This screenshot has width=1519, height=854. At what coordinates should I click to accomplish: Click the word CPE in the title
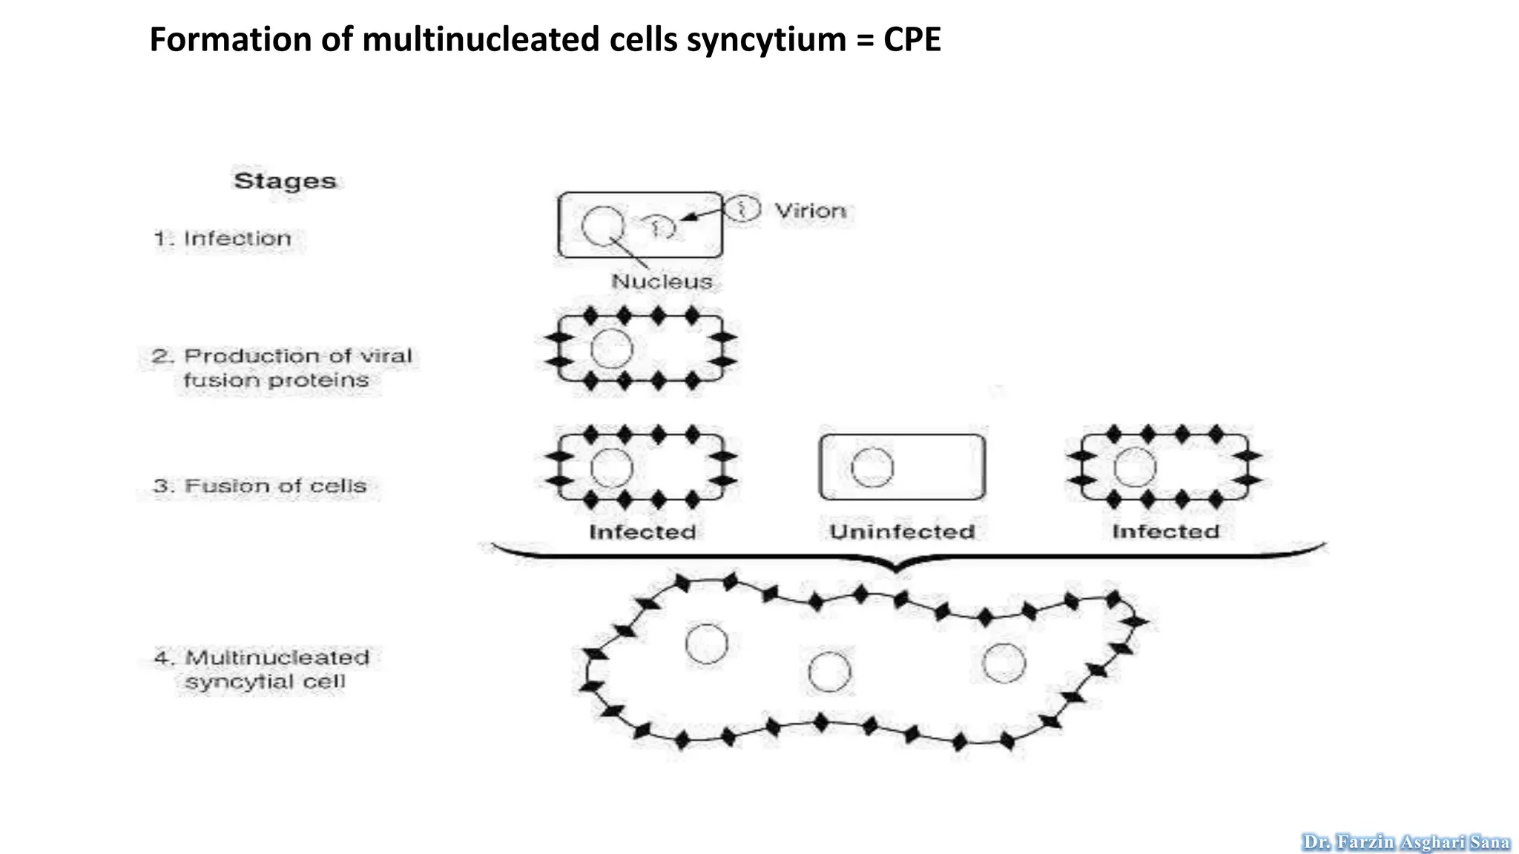click(x=912, y=39)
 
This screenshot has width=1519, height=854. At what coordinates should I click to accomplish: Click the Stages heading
click(x=285, y=181)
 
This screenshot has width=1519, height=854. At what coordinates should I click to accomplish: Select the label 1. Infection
click(x=223, y=239)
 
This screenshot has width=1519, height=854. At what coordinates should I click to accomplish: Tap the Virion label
click(x=810, y=211)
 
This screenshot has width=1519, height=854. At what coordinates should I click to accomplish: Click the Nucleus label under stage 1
click(x=662, y=282)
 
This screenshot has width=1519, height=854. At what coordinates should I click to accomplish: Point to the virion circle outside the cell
click(x=742, y=208)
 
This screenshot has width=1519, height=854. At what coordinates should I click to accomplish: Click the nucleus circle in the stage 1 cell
click(x=603, y=225)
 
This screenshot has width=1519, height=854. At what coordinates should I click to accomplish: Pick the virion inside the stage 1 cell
click(x=659, y=227)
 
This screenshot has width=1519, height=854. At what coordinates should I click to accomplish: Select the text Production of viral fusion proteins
click(x=282, y=368)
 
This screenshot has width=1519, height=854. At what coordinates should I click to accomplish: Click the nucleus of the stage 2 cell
click(x=612, y=349)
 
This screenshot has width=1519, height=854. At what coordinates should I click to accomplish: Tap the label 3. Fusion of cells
click(x=260, y=486)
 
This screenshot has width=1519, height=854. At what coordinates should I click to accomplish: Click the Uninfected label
click(x=902, y=532)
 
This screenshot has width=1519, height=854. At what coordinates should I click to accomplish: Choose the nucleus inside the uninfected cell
click(x=872, y=468)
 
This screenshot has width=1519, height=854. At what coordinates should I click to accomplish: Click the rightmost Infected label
click(x=1165, y=532)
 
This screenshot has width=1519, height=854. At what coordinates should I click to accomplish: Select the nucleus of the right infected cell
click(x=1135, y=467)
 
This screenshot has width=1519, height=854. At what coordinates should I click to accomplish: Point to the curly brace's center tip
click(x=897, y=570)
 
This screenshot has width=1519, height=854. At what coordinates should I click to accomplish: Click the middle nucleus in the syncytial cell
click(x=829, y=672)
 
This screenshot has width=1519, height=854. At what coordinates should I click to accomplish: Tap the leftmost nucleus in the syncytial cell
click(x=706, y=643)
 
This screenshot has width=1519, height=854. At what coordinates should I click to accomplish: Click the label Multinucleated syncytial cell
click(x=263, y=669)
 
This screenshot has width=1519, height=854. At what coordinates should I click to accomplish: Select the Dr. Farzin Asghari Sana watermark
click(x=1406, y=842)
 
